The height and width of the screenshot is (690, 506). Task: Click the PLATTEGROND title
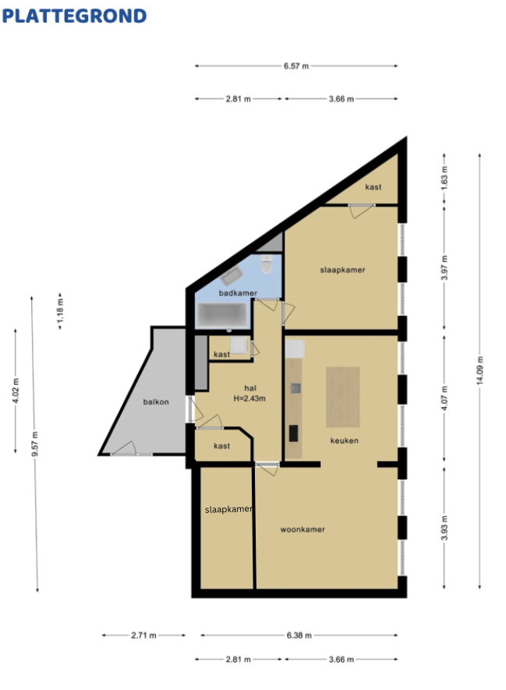pos(74,16)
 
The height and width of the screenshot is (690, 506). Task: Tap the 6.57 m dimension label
pos(296,66)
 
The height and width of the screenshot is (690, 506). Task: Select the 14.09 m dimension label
pos(479,370)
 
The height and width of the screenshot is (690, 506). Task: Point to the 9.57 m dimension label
pos(35,444)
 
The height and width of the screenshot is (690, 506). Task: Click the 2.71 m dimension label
pos(143,635)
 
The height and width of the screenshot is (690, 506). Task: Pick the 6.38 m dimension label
pos(299,635)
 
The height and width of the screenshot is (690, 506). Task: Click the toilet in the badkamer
pos(267,264)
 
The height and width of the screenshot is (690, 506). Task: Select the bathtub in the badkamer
pos(221,315)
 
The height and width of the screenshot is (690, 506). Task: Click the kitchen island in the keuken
pos(343,397)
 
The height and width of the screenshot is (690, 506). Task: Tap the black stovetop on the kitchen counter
pos(293,433)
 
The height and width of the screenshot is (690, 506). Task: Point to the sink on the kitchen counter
pos(295,387)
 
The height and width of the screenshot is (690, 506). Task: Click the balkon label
pos(156,402)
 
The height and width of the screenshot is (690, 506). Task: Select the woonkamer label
pos(303,529)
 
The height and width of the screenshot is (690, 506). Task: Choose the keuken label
pos(344,441)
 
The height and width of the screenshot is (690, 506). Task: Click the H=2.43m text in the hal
pos(249,398)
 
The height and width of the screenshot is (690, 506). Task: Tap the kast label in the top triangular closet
pos(373,187)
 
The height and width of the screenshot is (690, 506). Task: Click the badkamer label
pos(238,292)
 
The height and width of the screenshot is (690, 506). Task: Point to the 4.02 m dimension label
pos(16,391)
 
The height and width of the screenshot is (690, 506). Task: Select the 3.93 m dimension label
pos(444,528)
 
